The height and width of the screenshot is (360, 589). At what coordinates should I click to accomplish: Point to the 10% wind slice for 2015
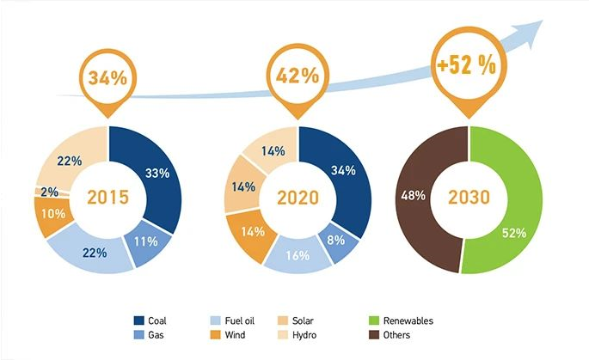[x=53, y=213]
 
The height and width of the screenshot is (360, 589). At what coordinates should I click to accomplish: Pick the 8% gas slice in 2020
[x=341, y=238]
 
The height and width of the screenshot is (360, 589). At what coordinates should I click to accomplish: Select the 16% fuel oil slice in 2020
[x=292, y=255]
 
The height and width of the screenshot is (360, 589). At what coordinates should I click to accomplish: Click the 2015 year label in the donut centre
[x=108, y=198]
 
